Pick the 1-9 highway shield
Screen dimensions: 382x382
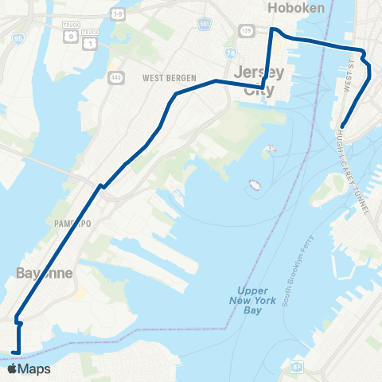[x=118, y=14]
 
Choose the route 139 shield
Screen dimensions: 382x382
[x=247, y=30]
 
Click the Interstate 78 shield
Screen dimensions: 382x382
[x=232, y=53]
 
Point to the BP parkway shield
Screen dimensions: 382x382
[x=295, y=367]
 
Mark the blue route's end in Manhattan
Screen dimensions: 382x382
[x=341, y=125]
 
